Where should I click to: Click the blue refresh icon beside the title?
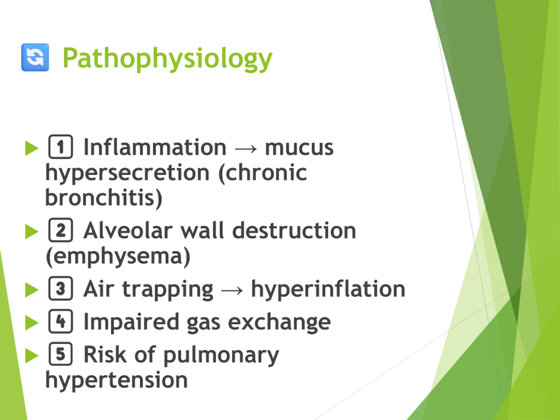click(35, 57)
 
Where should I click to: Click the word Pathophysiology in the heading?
click(167, 59)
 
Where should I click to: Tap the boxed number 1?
click(60, 147)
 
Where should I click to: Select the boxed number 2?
click(60, 230)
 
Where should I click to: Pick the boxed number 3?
click(60, 289)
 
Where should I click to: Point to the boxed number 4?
click(60, 322)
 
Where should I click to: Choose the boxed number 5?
click(60, 354)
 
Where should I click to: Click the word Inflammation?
click(155, 147)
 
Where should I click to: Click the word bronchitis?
click(101, 197)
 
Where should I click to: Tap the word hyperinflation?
click(328, 289)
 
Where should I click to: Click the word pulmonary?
click(221, 355)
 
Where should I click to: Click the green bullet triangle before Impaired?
click(32, 323)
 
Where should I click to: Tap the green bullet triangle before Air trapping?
click(32, 290)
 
